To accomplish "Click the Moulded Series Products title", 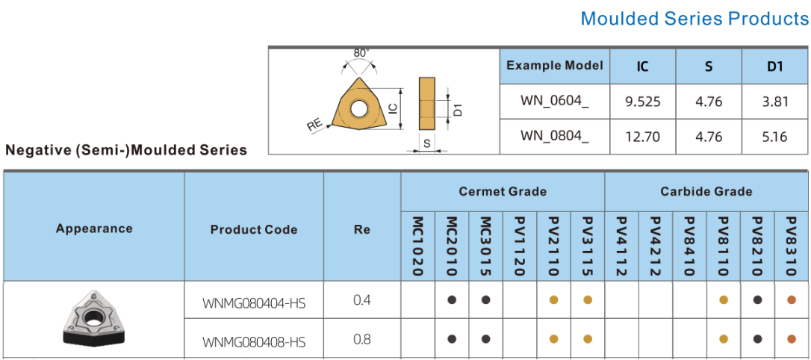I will click(694, 19).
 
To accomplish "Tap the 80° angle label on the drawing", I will click(361, 54).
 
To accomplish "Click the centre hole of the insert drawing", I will click(358, 110).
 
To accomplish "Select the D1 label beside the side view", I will click(459, 109).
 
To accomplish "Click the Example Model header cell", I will click(554, 66).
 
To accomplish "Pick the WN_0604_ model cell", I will click(554, 102).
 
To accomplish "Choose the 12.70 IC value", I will click(642, 137).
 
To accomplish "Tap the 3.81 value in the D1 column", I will click(775, 102).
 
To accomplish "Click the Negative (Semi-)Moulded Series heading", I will click(126, 150).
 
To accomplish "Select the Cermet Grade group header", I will click(503, 192).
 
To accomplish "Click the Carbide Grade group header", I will click(706, 192).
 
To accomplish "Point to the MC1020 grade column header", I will click(418, 246).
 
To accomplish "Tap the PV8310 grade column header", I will click(792, 246).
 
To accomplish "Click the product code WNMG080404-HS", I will click(254, 303).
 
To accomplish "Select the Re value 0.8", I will click(361, 339).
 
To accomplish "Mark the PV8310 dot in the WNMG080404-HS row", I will click(792, 300).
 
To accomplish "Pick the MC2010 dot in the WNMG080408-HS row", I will click(452, 339).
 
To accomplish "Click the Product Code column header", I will click(254, 230).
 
